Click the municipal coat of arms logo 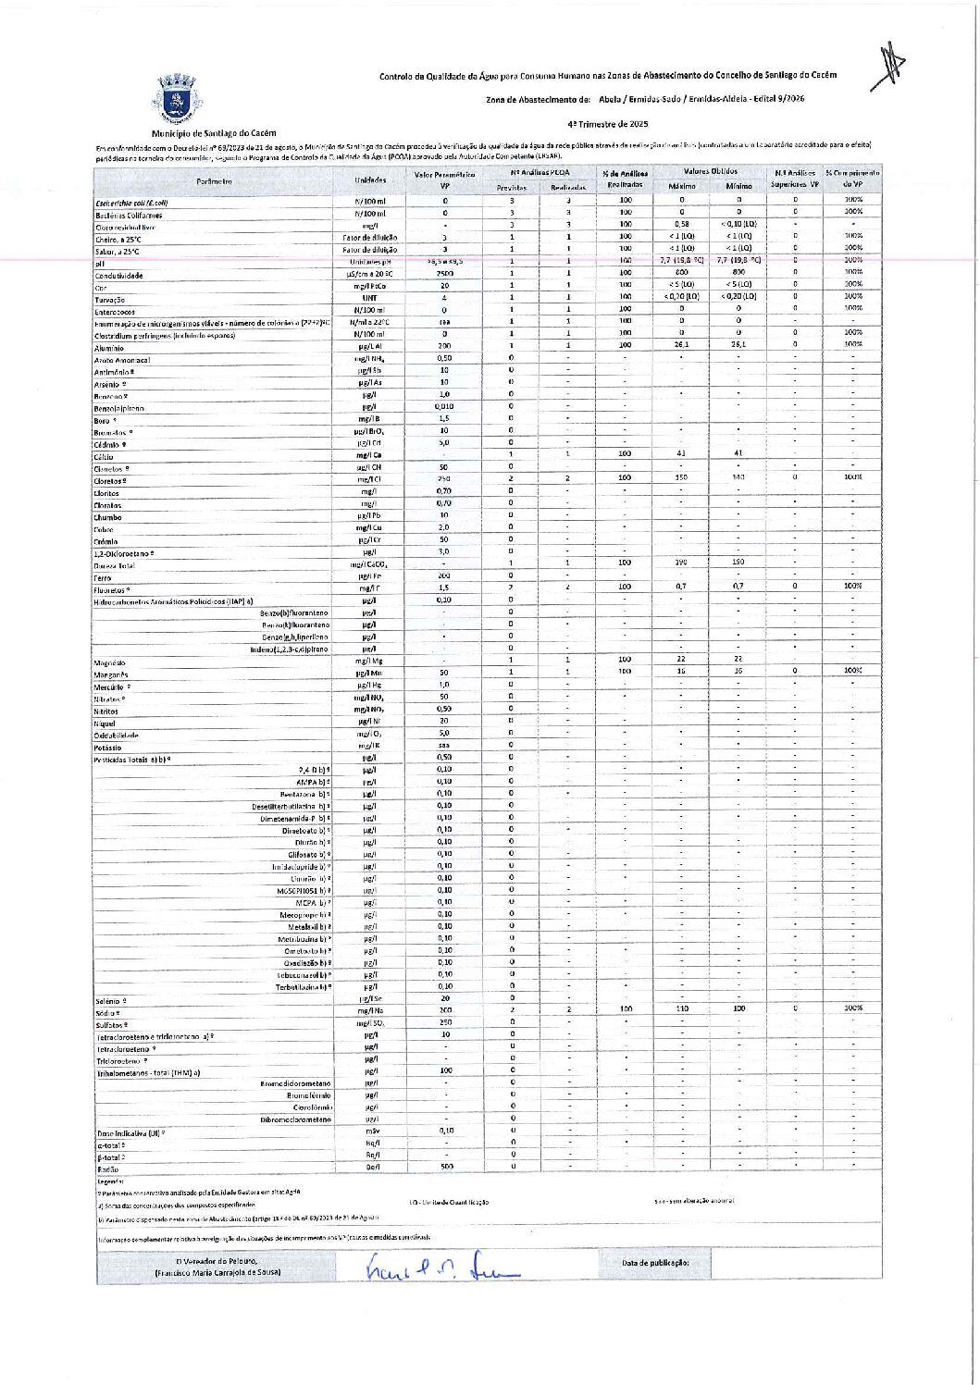177,101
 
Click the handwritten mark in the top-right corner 889,67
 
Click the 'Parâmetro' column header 214,180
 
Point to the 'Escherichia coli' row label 131,203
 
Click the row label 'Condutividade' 119,276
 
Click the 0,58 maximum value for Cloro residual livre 682,224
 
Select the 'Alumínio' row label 109,348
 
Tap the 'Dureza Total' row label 115,565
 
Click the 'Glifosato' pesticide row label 308,854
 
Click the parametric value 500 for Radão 445,1167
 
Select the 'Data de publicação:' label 655,1262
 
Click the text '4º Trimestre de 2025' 608,123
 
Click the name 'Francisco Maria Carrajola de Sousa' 217,1272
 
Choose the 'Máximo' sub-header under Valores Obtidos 682,186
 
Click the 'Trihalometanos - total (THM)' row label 149,1072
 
